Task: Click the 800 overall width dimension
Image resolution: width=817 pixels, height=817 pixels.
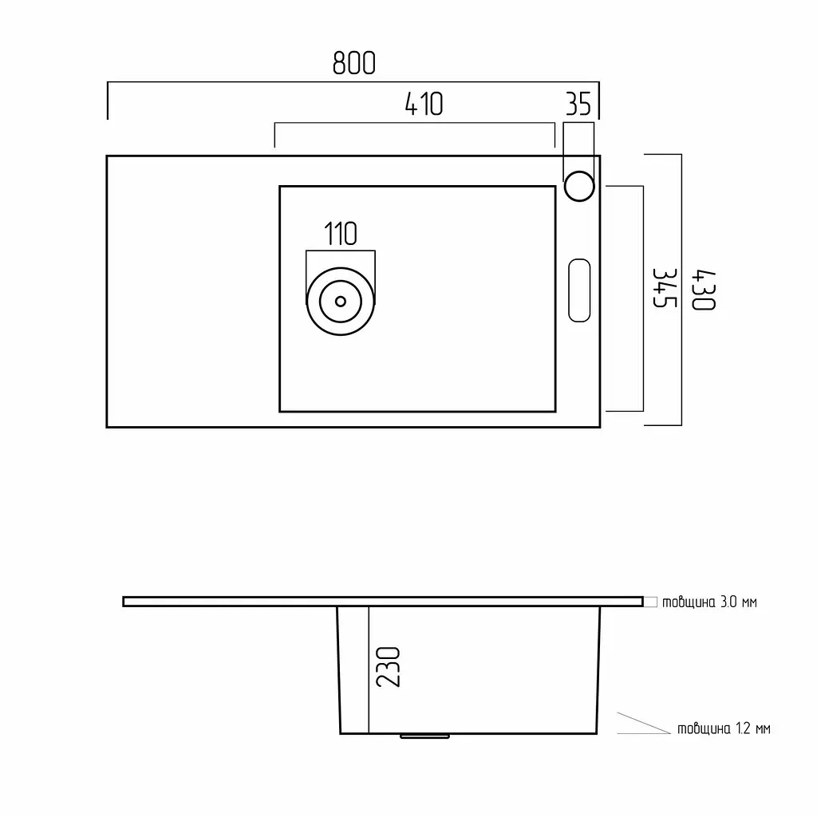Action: (353, 64)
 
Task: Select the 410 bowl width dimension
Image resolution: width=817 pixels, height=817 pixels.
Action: (424, 104)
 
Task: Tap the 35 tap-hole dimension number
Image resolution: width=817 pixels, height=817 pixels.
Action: (578, 104)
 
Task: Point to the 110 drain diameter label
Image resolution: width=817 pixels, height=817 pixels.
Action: (341, 234)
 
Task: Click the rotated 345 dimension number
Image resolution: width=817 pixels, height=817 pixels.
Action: (665, 287)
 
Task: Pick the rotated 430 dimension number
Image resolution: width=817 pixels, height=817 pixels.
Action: (704, 290)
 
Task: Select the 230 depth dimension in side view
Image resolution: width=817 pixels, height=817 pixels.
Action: (389, 667)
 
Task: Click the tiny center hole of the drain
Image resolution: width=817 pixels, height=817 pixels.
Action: (341, 301)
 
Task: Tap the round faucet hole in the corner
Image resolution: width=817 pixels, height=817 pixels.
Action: (579, 186)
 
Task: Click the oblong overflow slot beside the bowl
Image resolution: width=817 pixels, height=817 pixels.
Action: (579, 290)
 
